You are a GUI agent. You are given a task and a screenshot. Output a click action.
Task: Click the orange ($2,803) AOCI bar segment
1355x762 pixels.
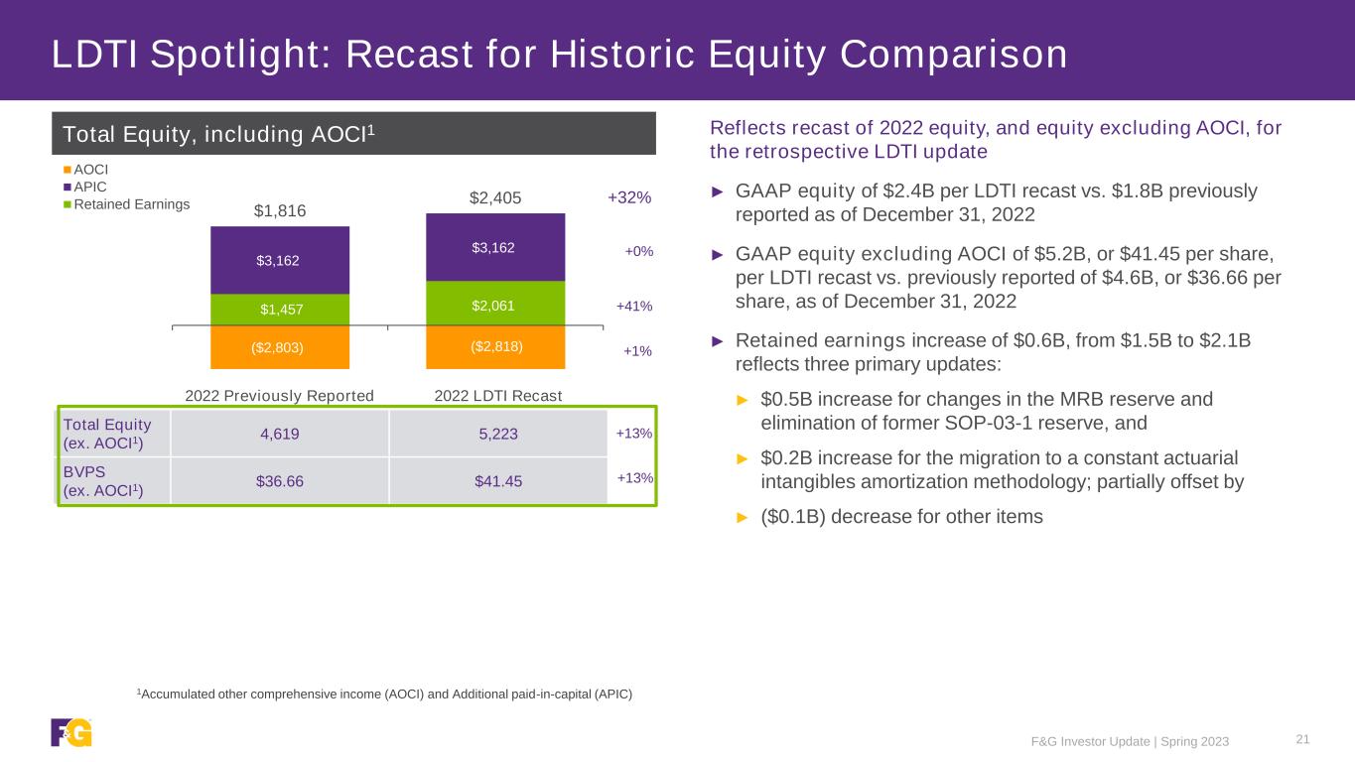point(279,347)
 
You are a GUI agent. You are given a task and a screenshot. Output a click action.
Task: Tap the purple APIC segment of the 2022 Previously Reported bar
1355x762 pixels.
point(279,260)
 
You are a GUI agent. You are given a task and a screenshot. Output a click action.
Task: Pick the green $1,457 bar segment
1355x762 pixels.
point(279,309)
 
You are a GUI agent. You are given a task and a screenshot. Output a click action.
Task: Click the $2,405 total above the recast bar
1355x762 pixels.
point(494,198)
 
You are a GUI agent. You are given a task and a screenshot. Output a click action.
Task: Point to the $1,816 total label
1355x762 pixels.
point(280,210)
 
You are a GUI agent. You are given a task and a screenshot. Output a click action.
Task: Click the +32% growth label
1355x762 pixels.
point(629,197)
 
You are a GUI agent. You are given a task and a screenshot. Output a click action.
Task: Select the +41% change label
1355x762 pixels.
point(634,307)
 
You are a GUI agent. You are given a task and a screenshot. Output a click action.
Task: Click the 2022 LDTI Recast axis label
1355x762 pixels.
point(498,396)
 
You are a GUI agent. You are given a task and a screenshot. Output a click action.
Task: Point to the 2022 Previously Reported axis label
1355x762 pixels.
point(280,396)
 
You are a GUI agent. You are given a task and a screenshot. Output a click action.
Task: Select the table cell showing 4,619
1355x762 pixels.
point(279,433)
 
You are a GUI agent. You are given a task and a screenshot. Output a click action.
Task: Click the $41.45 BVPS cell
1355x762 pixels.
point(498,481)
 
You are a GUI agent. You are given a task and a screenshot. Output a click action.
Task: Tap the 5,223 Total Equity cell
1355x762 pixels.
point(498,433)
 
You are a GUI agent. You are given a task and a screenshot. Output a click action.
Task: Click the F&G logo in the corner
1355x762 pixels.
point(71,732)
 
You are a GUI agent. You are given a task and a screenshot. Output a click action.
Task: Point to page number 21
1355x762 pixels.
point(1303,738)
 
